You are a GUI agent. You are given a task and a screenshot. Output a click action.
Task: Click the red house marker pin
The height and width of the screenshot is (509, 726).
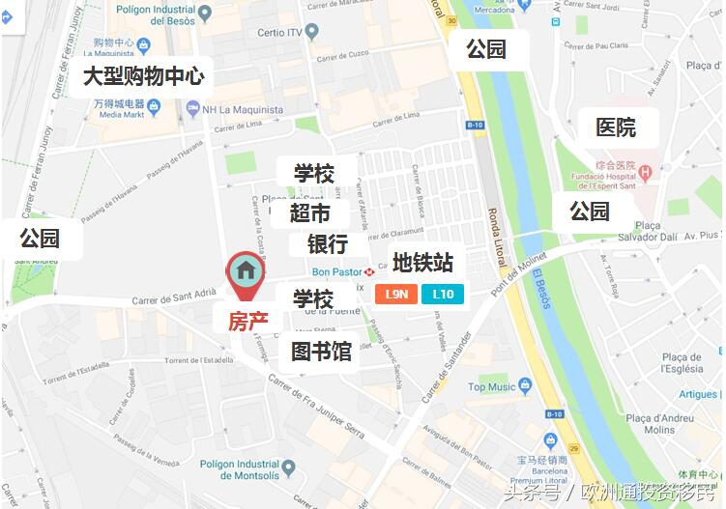point(246,273)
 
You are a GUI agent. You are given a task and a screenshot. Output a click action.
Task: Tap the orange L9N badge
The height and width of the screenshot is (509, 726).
point(396,295)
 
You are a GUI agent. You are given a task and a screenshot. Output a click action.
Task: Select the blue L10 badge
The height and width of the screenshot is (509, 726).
point(443,295)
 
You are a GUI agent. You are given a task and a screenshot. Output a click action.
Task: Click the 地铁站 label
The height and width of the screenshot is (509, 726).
point(422,263)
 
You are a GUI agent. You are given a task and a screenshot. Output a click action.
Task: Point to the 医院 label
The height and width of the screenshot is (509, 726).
point(616,127)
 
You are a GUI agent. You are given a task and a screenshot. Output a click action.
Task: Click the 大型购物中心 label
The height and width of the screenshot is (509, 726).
point(142,76)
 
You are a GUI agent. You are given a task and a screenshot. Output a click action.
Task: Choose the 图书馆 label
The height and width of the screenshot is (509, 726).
point(321,351)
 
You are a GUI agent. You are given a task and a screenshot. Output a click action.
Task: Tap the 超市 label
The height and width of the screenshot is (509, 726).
point(309,212)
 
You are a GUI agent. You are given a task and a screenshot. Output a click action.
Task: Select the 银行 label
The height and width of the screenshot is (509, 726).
point(327,244)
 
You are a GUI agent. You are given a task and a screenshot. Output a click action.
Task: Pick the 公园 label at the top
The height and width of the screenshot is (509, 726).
point(486,48)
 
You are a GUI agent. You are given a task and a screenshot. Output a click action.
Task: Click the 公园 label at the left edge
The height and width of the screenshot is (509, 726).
point(40,238)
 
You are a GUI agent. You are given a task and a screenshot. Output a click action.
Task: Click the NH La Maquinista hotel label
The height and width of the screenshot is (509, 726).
point(243,110)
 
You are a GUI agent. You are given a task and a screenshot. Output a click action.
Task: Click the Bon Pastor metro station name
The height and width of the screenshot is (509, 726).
point(334,271)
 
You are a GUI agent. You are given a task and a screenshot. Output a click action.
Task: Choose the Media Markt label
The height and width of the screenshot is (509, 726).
point(123,114)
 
